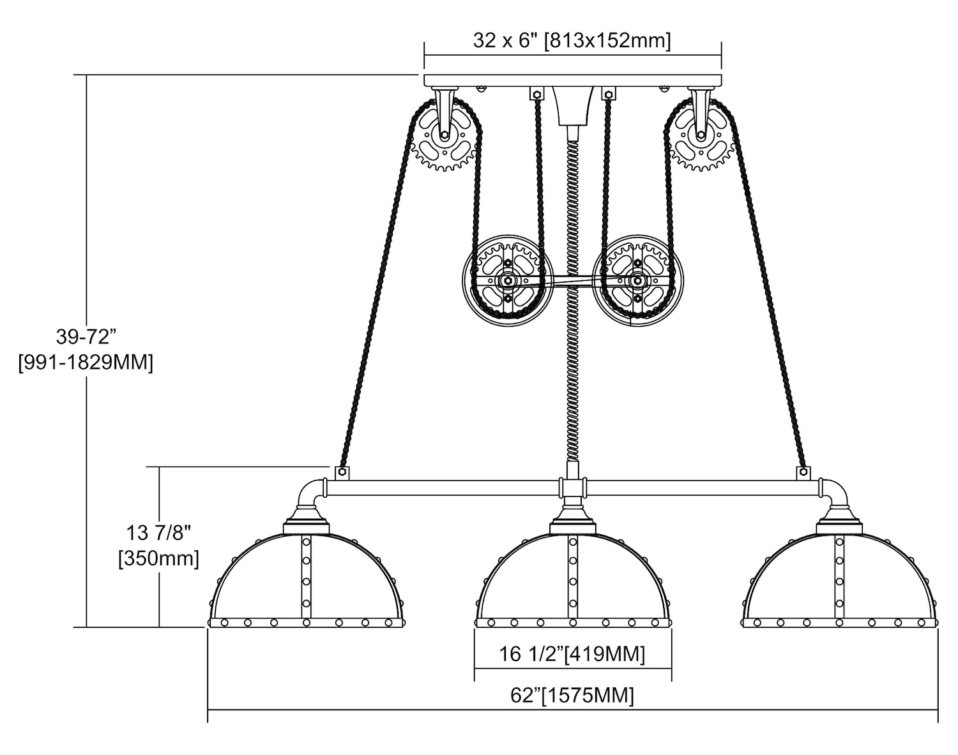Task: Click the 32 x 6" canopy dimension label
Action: (572, 41)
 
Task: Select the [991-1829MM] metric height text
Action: (86, 363)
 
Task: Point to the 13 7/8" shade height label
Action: (158, 532)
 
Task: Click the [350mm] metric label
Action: (158, 558)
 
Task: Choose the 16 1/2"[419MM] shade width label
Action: (572, 654)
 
